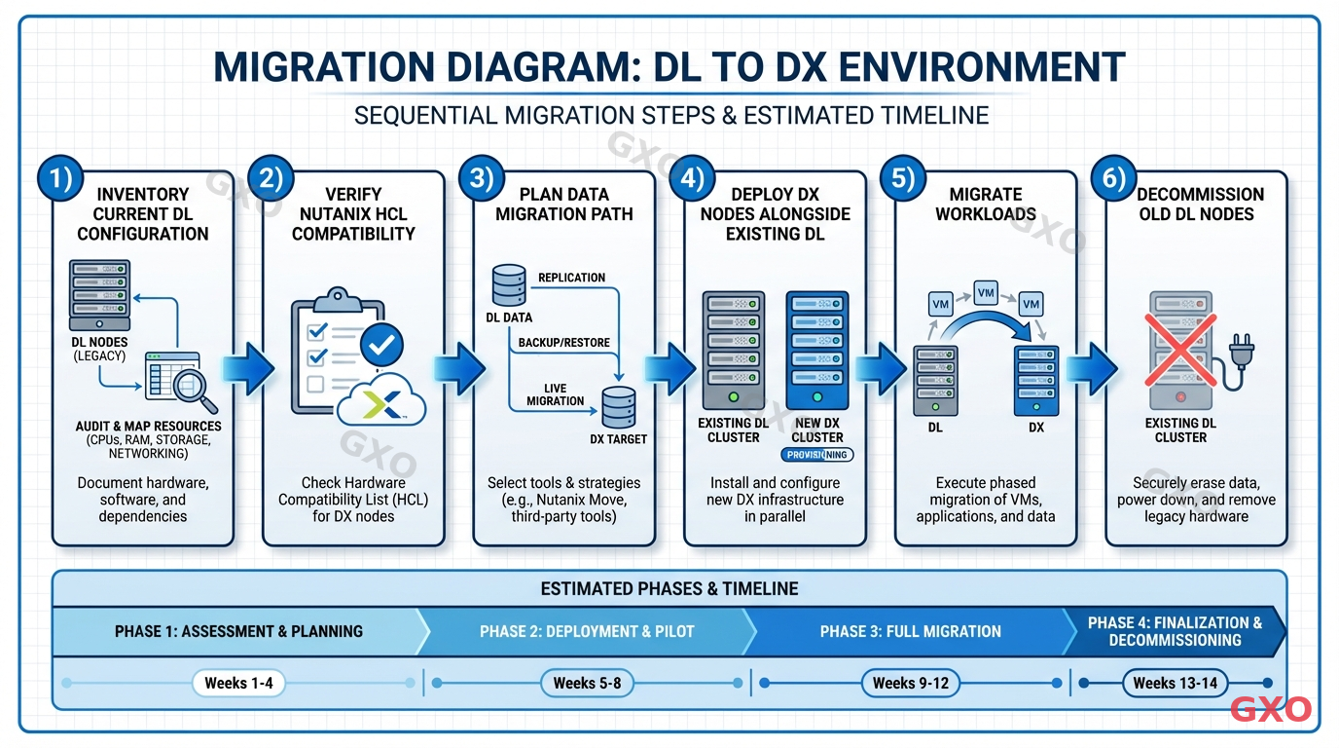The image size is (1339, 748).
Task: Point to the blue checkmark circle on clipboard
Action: [382, 344]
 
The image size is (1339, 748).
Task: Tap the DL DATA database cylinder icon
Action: [508, 286]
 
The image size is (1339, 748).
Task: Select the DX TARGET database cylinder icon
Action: [618, 407]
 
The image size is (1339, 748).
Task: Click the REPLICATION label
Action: [571, 278]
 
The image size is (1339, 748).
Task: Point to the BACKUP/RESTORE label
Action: [563, 343]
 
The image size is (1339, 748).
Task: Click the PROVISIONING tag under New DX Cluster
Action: [816, 455]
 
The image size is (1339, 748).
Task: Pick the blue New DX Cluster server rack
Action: [816, 349]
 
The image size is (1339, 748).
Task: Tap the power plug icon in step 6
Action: [1243, 351]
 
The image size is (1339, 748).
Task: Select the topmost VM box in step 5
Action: [986, 292]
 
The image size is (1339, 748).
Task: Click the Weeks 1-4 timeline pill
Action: [238, 683]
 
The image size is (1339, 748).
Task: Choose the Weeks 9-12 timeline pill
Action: [910, 683]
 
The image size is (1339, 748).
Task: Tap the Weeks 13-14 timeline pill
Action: [1175, 683]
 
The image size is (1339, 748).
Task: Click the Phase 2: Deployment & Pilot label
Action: [587, 631]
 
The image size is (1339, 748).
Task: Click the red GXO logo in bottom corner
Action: [1270, 710]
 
